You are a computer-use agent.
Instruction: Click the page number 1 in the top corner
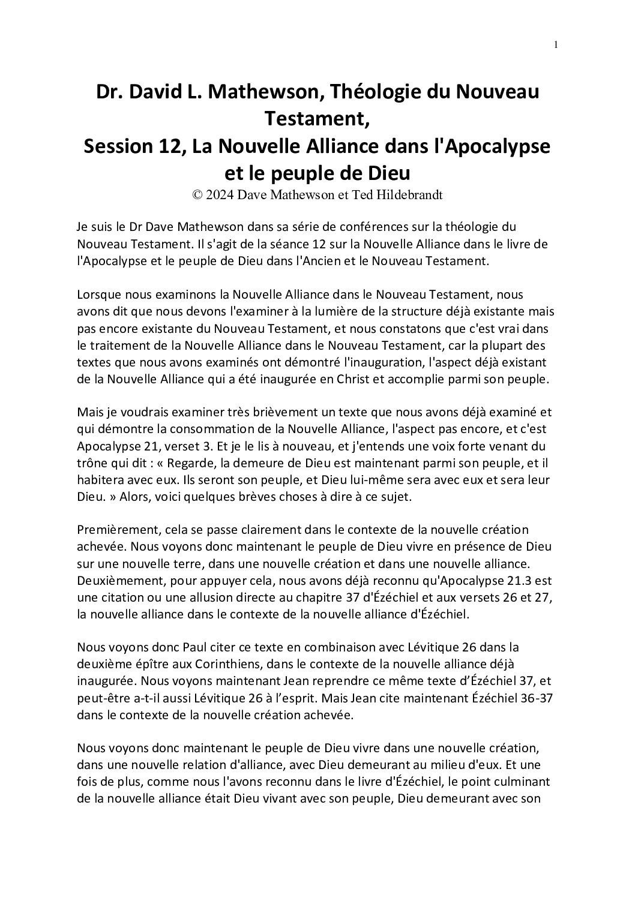tap(556, 44)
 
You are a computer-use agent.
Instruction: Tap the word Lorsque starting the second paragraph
tap(97, 296)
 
